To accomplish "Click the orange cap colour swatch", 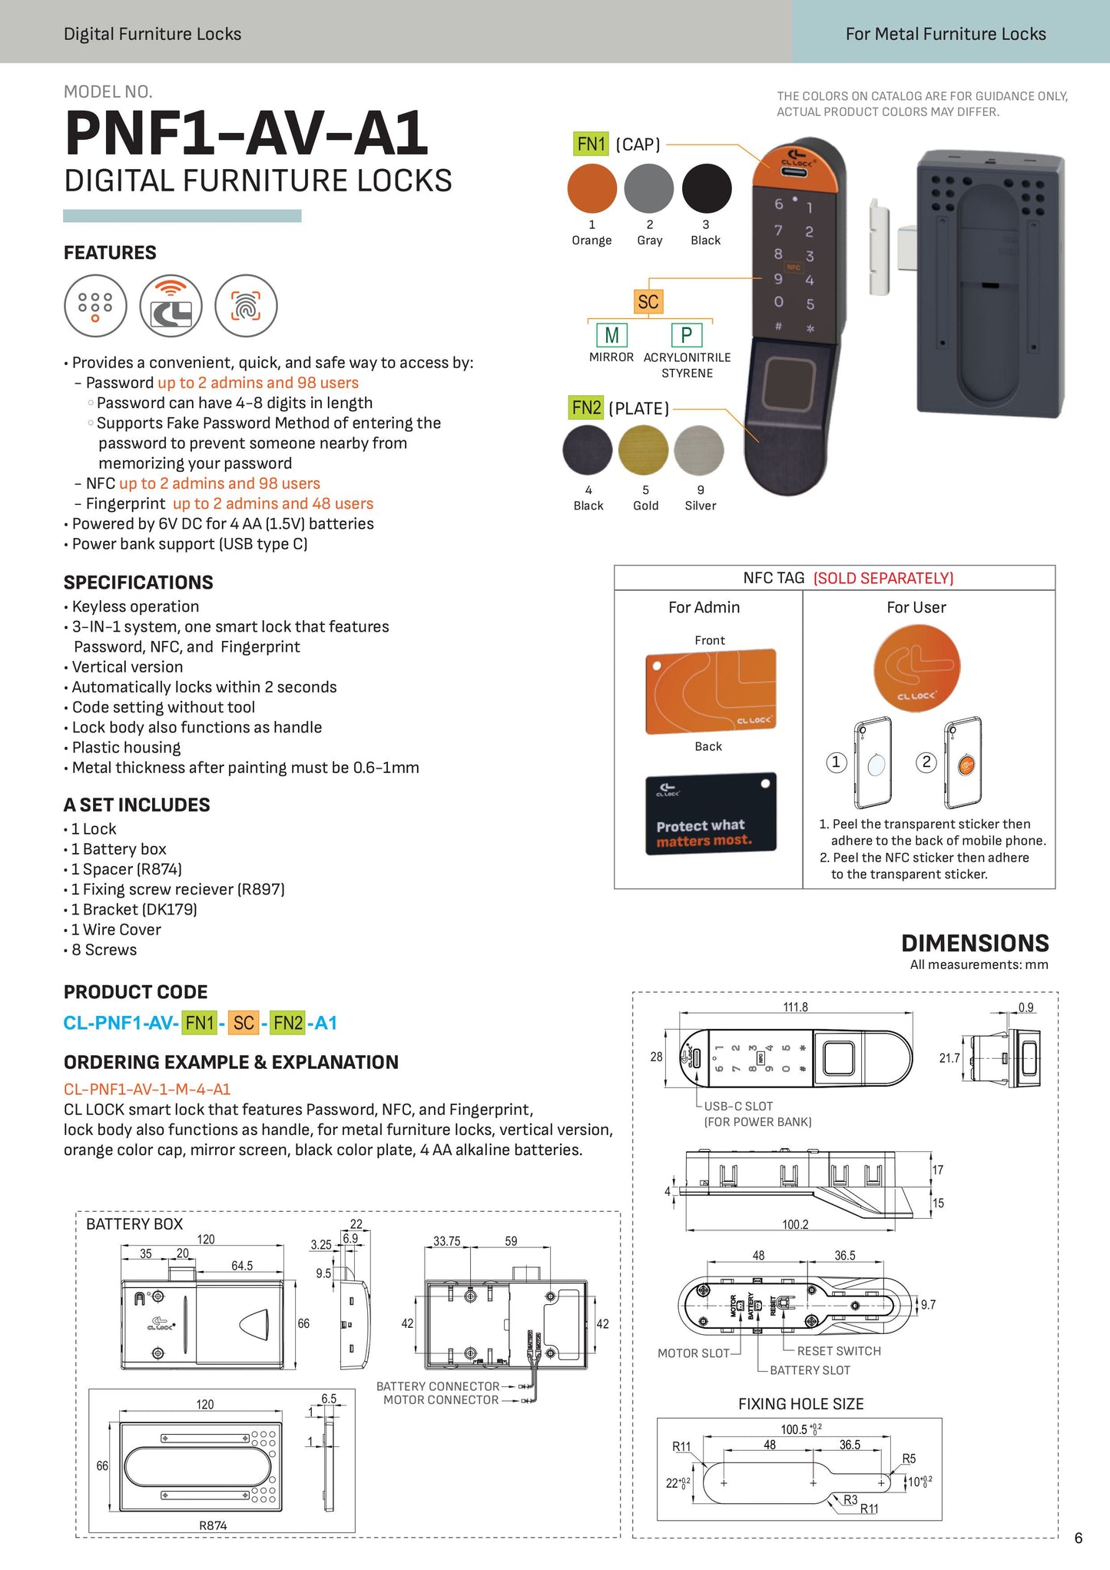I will (591, 188).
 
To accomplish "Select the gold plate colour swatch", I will (644, 450).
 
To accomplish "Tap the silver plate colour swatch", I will (699, 450).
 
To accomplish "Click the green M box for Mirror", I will (611, 335).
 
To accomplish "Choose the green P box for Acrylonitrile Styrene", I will (686, 335).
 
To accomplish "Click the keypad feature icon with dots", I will (95, 306).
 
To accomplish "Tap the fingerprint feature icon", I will (246, 306).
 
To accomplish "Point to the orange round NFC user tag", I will (916, 668).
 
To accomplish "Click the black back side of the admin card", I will (711, 814).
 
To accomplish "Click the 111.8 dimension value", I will (795, 1007).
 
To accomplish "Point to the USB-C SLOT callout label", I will (738, 1106).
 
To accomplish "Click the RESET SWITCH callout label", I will (839, 1350).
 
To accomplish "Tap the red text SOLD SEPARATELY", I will (883, 578).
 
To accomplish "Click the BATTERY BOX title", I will (134, 1223).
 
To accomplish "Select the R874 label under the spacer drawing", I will (213, 1525).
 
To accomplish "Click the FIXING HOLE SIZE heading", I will (800, 1403).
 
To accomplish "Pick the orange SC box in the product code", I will (244, 1023).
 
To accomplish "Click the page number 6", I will (1079, 1538).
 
